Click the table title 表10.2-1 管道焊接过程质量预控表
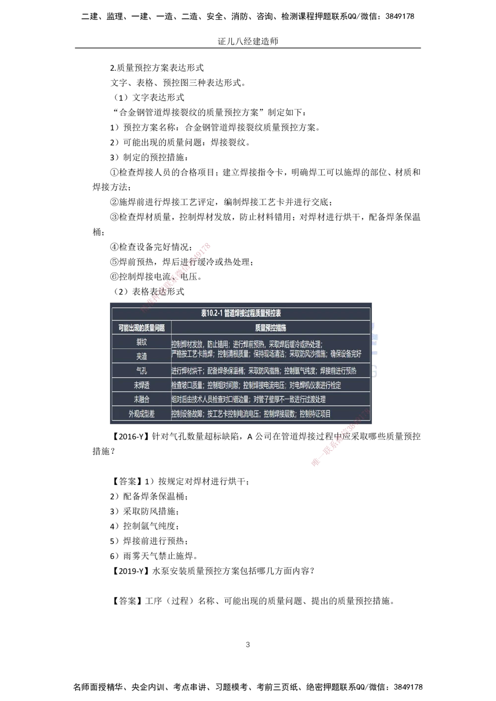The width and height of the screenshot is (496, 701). (x=241, y=313)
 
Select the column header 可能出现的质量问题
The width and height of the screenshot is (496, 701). (x=141, y=328)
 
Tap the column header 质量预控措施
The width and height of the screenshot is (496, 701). (x=270, y=328)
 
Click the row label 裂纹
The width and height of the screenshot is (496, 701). (x=141, y=342)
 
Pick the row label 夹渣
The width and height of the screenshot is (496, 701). (x=141, y=356)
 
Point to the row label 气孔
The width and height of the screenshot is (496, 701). (x=141, y=371)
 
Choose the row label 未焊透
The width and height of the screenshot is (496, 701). (x=141, y=385)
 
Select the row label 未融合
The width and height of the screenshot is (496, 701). (x=141, y=399)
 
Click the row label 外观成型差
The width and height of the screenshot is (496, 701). (x=141, y=414)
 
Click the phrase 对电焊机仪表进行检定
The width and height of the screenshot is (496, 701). (x=315, y=385)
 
